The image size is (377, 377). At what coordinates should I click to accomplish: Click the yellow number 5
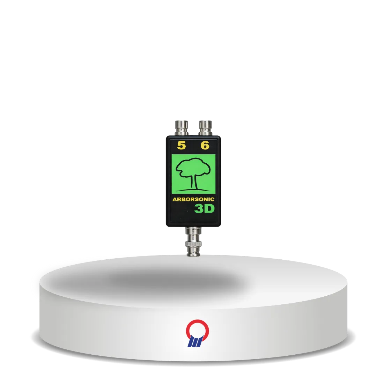[181, 145]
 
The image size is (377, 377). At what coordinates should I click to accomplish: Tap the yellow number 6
[205, 145]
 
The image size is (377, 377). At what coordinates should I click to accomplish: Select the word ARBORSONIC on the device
[193, 199]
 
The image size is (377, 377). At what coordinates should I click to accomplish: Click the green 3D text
[204, 209]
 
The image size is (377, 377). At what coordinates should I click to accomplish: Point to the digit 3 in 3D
[199, 209]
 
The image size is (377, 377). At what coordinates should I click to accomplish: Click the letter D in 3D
[209, 209]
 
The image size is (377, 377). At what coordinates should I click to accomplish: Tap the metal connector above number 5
[182, 128]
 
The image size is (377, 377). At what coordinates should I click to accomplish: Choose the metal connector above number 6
[205, 128]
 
